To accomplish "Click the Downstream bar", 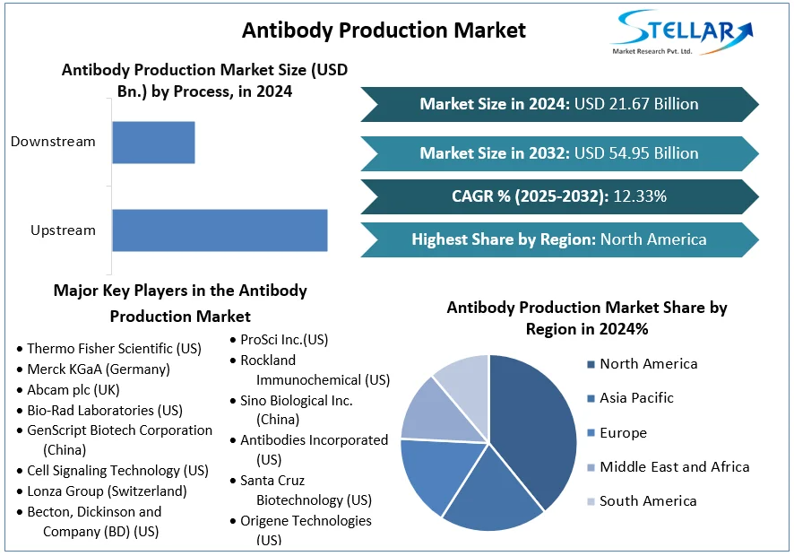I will coord(153,142).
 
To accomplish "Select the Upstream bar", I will coord(220,230).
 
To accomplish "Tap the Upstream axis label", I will coord(63,230).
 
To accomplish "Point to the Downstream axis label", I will coord(53,142).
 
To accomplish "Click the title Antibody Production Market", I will coord(384,30).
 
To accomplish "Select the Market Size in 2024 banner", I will coord(559,104).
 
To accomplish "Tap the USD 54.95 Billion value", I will coord(636,153).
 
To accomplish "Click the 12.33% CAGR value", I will coord(640,196).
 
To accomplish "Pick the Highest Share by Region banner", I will coord(559,239).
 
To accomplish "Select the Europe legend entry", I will coord(623,433).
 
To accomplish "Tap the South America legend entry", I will coord(648,501).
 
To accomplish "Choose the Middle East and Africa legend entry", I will coord(674,467).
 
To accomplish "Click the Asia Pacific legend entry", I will coord(636,398).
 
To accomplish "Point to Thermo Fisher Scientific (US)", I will coord(114,348).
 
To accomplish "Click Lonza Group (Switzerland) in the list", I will coord(107,491).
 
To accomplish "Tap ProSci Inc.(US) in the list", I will coord(284,340).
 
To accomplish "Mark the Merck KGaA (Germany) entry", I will coord(98,369).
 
